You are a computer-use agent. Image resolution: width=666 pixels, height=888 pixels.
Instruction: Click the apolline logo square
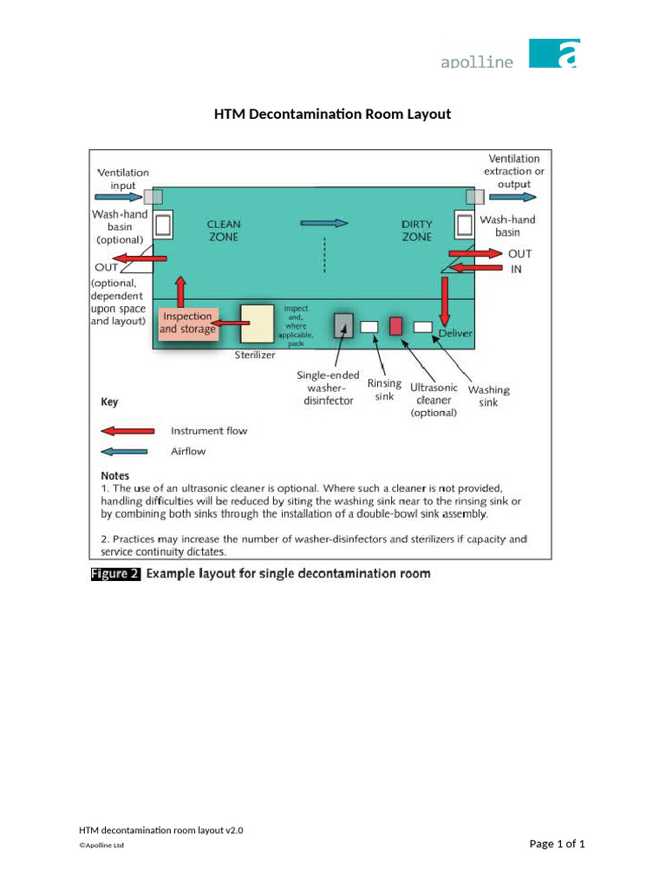point(554,53)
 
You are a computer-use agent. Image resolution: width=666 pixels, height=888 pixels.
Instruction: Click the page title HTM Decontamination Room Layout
point(333,114)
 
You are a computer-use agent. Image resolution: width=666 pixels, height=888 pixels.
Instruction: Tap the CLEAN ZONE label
point(224,231)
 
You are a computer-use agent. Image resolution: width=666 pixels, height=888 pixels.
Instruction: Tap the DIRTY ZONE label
point(417,231)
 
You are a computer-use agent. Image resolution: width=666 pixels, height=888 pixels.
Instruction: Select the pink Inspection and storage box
point(187,323)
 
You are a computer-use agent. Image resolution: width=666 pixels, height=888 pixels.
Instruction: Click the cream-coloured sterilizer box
point(257,323)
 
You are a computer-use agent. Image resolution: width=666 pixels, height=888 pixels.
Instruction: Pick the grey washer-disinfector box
point(343,325)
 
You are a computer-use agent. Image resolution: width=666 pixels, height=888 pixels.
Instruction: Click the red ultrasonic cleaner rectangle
point(395,326)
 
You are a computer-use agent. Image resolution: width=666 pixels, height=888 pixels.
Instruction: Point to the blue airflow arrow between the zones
point(324,223)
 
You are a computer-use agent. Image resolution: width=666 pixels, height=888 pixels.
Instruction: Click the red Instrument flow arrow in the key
point(127,430)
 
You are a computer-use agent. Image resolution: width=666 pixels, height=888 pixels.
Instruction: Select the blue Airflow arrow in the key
point(127,451)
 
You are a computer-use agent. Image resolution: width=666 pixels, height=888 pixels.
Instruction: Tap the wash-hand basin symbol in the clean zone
point(162,225)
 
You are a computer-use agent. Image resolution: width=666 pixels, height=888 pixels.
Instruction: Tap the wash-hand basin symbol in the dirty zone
point(465,225)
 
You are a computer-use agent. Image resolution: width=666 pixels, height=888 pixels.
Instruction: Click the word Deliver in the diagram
point(455,333)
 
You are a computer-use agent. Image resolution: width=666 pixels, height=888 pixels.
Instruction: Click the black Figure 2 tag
point(115,574)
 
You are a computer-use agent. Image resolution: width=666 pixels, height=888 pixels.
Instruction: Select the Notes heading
point(115,475)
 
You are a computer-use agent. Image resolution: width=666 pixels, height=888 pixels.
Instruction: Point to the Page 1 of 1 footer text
point(557,844)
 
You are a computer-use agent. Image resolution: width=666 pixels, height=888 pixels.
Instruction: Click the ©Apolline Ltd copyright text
point(101,846)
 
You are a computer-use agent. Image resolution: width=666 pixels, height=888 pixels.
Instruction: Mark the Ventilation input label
point(123,180)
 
